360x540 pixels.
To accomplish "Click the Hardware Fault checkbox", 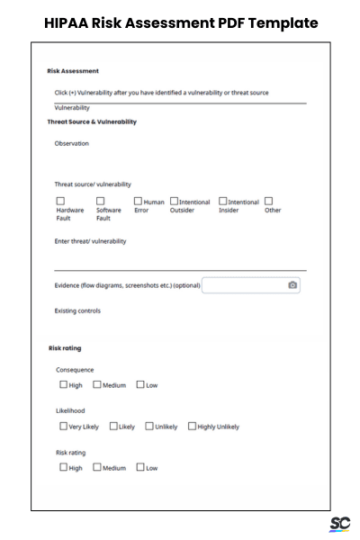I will click(x=60, y=202).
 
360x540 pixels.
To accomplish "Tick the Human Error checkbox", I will click(x=139, y=202).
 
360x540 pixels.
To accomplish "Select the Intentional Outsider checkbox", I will click(x=174, y=202).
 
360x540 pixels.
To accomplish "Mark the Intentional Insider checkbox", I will click(x=222, y=202).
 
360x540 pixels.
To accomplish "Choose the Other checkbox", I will click(x=268, y=202).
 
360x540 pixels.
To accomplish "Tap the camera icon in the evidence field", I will click(x=292, y=285).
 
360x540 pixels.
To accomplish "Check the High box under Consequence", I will click(x=63, y=385).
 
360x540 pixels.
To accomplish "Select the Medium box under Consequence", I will click(x=97, y=385).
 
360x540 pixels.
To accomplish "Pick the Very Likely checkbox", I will click(x=63, y=427).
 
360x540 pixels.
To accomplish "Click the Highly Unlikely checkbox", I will click(x=192, y=427).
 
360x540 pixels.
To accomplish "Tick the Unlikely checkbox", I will click(x=148, y=427).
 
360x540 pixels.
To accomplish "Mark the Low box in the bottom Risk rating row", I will click(x=139, y=468).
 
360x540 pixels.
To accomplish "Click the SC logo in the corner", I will click(x=340, y=524).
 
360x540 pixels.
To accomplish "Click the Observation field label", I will click(x=72, y=143).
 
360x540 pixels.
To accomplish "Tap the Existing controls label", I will click(x=78, y=311).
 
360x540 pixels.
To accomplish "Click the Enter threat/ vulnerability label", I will click(x=91, y=241).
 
